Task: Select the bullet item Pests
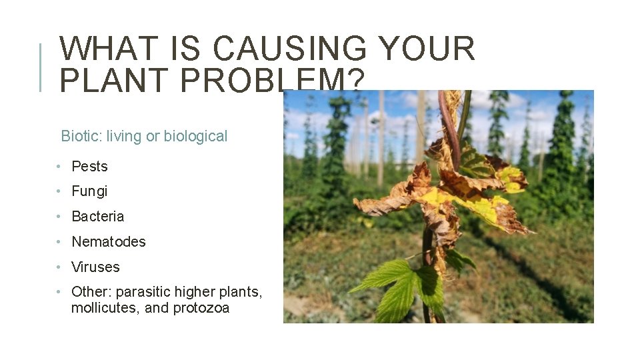point(89,167)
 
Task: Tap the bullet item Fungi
point(89,191)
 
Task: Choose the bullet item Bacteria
point(97,217)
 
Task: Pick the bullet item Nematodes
point(108,242)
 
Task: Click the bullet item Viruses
point(95,267)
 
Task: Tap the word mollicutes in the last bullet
point(101,308)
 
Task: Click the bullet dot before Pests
point(59,167)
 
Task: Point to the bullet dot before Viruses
point(59,267)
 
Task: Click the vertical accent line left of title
point(41,67)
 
